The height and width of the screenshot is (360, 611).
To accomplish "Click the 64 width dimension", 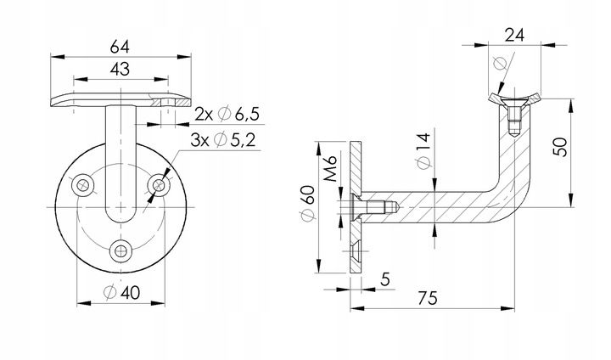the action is (x=120, y=48).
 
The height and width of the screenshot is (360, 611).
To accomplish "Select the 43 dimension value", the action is (x=120, y=70).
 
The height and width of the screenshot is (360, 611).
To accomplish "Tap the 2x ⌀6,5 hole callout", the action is (x=227, y=115).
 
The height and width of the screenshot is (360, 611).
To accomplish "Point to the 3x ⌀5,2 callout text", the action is (x=223, y=139).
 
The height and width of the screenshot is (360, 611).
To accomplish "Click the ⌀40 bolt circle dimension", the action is (x=122, y=293).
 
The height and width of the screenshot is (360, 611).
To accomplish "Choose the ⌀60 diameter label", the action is (x=307, y=203).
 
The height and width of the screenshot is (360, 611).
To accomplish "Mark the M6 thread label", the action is (x=330, y=168).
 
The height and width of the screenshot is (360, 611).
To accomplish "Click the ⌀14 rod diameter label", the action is (x=424, y=150).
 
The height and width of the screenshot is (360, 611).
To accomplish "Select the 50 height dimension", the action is (x=561, y=147).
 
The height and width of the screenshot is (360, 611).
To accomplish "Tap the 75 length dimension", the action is (x=428, y=298).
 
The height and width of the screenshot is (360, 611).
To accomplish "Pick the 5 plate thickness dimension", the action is (x=385, y=279).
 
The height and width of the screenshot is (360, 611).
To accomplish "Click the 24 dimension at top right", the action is (x=514, y=35).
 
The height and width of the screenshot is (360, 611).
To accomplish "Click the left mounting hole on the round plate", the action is (x=83, y=185).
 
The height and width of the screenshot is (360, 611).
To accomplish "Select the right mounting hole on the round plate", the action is (x=159, y=185).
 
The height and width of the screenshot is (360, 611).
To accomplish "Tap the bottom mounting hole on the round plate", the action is (x=121, y=251).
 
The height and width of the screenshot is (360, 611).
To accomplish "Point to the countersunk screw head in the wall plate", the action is (x=356, y=207).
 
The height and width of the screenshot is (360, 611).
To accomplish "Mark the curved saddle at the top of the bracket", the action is (x=514, y=98).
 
